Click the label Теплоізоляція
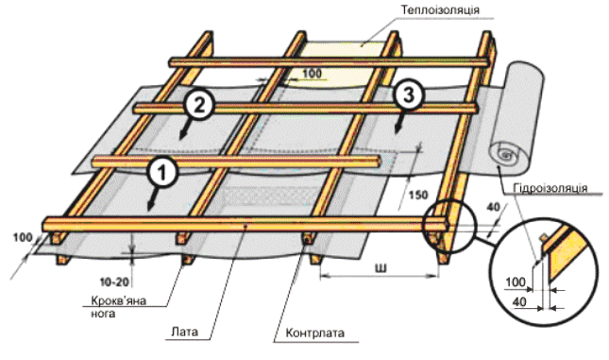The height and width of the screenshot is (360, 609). (x=440, y=9)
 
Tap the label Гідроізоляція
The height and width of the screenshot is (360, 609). (x=550, y=188)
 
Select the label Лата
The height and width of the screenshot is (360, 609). (x=184, y=332)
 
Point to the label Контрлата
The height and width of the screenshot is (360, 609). (x=315, y=334)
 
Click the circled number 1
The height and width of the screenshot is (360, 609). (x=162, y=172)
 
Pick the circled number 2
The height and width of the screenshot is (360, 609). (x=199, y=104)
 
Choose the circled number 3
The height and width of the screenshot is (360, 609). (x=408, y=94)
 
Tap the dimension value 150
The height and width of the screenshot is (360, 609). (x=418, y=195)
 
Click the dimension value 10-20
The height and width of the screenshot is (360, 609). (x=114, y=282)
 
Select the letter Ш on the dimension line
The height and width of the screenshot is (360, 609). (x=381, y=267)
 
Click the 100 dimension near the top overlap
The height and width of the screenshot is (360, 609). (x=312, y=73)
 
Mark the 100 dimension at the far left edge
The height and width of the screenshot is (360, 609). (x=23, y=237)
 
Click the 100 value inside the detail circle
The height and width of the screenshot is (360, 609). (x=516, y=282)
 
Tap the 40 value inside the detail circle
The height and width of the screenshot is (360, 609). (x=520, y=301)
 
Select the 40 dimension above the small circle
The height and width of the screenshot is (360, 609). (x=493, y=207)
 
